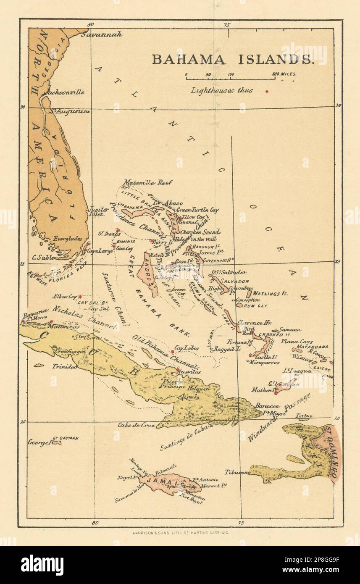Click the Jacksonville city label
[x=66, y=92]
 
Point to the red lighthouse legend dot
[x=267, y=91]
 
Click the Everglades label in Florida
[x=67, y=239]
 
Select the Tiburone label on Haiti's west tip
[x=237, y=472]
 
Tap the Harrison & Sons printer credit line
[x=179, y=532]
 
